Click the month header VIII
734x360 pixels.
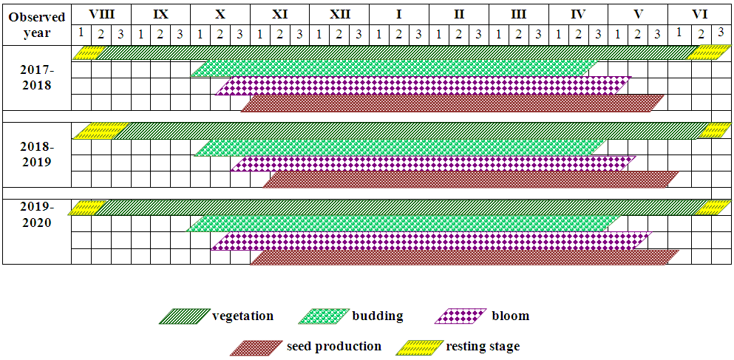coord(101,13)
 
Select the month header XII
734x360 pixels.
coord(339,13)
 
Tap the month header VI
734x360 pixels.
coord(699,13)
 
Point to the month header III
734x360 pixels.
coord(518,13)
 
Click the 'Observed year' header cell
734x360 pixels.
coord(37,24)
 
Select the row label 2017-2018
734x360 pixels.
coord(37,77)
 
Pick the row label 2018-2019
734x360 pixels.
coord(37,154)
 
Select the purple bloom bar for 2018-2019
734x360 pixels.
coord(432,163)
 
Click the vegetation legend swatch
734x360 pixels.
coord(183,316)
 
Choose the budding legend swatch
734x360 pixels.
coord(323,316)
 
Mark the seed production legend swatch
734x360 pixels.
coord(254,347)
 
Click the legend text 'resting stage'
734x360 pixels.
coord(483,346)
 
